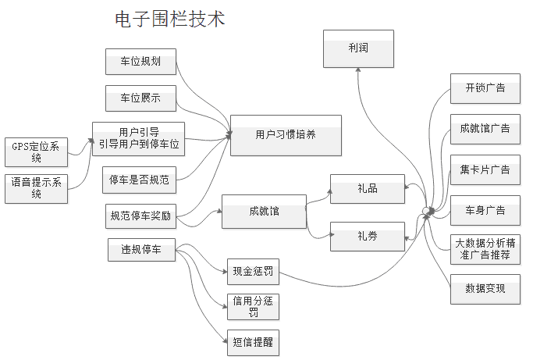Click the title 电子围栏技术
pyautogui.click(x=169, y=19)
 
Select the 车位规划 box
pyautogui.click(x=140, y=62)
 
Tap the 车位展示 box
pyautogui.click(x=140, y=98)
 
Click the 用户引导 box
pyautogui.click(x=139, y=137)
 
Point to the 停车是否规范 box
pyautogui.click(x=140, y=180)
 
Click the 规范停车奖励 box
pyautogui.click(x=140, y=216)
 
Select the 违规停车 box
pyautogui.click(x=141, y=250)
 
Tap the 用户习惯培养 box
pyautogui.click(x=286, y=135)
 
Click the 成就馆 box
pyautogui.click(x=264, y=212)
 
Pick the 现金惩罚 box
pyautogui.click(x=252, y=273)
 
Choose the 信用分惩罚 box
pyautogui.click(x=252, y=306)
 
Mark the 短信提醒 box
pyautogui.click(x=252, y=341)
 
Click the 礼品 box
pyautogui.click(x=367, y=189)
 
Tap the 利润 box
pyautogui.click(x=358, y=48)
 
